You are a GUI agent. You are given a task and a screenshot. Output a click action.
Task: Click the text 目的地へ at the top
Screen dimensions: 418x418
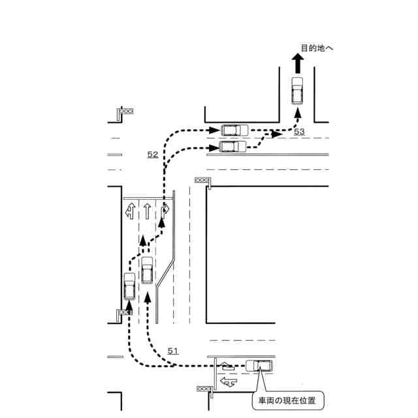(x=317, y=48)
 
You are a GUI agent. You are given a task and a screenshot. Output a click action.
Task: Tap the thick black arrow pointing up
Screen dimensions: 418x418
(x=297, y=64)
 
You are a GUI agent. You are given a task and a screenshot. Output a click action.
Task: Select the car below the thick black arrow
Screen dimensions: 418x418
(x=297, y=90)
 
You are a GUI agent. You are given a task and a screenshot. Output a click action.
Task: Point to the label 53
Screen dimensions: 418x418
(x=299, y=132)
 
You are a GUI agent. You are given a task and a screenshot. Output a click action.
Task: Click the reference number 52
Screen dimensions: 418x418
(x=152, y=155)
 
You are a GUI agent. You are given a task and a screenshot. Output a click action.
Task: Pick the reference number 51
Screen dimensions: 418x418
(x=172, y=351)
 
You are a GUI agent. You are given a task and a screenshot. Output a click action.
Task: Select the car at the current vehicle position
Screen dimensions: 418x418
(x=259, y=366)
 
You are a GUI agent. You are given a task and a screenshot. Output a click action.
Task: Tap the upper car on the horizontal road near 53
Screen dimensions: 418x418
(x=234, y=131)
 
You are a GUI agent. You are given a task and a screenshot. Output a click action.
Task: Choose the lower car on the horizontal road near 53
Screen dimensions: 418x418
(x=233, y=146)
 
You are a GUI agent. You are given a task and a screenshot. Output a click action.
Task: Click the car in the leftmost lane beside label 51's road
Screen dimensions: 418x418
(x=129, y=285)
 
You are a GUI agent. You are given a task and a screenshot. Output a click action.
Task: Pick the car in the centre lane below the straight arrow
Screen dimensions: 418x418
(x=148, y=270)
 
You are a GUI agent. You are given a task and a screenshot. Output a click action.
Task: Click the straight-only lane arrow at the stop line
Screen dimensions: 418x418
(x=148, y=211)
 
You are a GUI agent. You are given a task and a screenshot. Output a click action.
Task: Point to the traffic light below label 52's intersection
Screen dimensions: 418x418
(x=204, y=180)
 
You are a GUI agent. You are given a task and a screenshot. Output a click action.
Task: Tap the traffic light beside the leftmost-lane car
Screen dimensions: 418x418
(x=123, y=314)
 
